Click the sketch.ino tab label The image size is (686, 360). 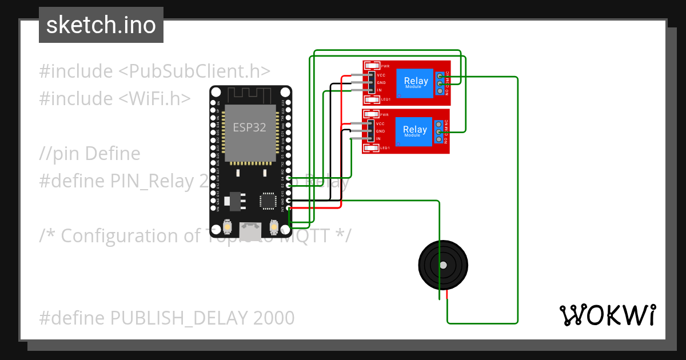click(x=101, y=25)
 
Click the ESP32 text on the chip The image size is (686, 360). click(x=249, y=127)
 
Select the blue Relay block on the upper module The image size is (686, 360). click(x=416, y=82)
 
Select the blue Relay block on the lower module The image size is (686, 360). click(x=415, y=131)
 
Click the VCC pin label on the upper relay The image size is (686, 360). click(x=381, y=75)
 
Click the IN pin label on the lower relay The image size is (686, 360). click(x=378, y=139)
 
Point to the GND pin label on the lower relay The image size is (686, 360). click(x=381, y=131)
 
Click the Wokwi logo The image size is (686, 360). click(x=607, y=315)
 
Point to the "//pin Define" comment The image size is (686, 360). click(x=90, y=154)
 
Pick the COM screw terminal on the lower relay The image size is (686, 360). click(x=440, y=132)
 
